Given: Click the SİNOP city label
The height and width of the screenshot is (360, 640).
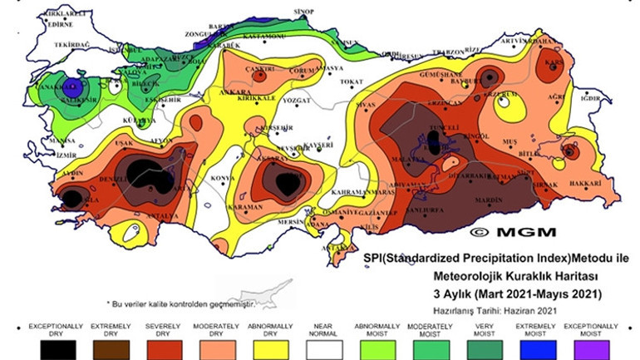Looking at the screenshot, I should pos(303,12).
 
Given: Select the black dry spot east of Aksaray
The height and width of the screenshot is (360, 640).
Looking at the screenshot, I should pos(288,183).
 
